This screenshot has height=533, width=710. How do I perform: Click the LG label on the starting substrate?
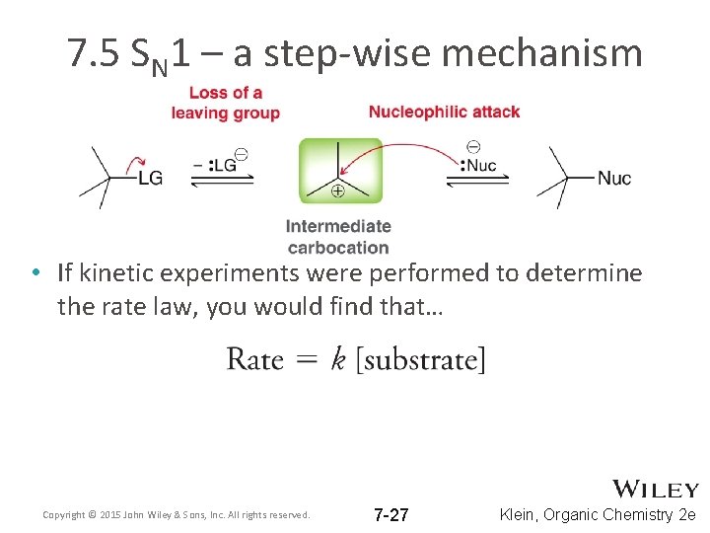[x=150, y=179]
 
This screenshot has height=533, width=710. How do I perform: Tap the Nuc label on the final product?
[x=613, y=179]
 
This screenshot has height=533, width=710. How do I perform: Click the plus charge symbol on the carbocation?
[x=338, y=191]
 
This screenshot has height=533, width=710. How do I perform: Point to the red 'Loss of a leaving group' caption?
[x=225, y=103]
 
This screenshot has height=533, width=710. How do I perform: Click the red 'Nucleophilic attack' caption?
[x=444, y=112]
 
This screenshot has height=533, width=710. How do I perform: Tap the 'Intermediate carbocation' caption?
[x=338, y=237]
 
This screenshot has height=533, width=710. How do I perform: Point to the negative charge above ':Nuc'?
[x=472, y=147]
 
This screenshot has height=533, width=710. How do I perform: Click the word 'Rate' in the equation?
[x=254, y=358]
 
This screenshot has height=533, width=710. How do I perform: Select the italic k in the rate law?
[x=338, y=358]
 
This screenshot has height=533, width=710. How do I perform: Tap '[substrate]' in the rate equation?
[x=421, y=359]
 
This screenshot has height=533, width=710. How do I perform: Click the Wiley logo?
[x=656, y=490]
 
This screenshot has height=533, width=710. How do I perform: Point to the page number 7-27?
[x=391, y=514]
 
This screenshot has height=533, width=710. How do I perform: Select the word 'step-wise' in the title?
[x=366, y=53]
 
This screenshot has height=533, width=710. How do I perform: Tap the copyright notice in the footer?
[x=177, y=514]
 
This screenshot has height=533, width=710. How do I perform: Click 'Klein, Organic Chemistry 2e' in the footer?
[x=598, y=514]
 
